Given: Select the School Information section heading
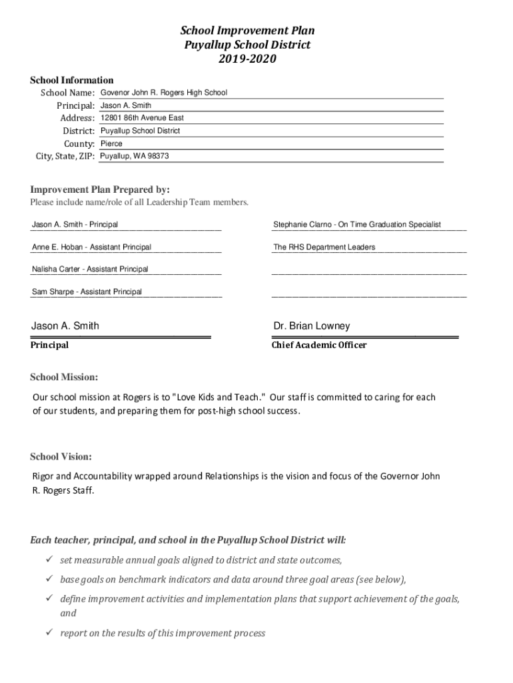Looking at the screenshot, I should click(72, 80).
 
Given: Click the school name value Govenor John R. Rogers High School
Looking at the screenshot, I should click(164, 93).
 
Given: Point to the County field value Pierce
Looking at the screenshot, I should click(111, 143).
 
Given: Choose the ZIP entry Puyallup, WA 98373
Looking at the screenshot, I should click(134, 156).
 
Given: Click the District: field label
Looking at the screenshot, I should click(79, 131).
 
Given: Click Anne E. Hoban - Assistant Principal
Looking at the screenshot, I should click(91, 247).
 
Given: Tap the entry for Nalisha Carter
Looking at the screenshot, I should click(90, 269).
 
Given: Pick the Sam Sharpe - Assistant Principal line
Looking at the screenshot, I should click(87, 292).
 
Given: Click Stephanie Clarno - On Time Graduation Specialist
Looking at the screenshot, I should click(356, 225).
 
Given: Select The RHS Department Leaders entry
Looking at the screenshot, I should click(324, 247).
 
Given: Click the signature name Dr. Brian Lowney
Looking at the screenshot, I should click(311, 326).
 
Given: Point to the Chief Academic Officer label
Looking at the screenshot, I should click(319, 346).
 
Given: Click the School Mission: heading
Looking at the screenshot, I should click(64, 378).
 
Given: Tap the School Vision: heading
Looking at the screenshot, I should click(61, 457).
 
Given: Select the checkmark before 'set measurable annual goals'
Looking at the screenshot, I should click(49, 560).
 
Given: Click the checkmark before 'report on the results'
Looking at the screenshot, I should click(49, 633).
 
